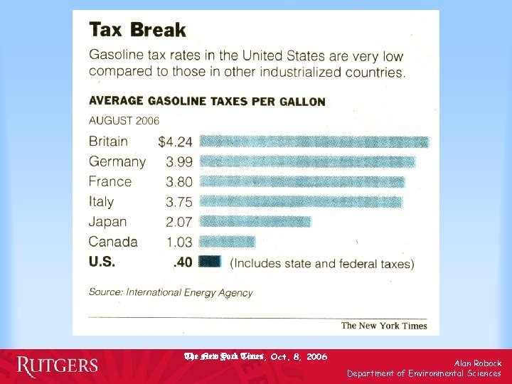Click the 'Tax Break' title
[x=137, y=30]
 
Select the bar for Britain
[x=314, y=142]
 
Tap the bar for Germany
[x=307, y=161]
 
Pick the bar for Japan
[x=255, y=221]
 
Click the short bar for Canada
[x=227, y=242]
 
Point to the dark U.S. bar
[x=210, y=262]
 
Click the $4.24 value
[x=175, y=142]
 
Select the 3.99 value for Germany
[x=178, y=161]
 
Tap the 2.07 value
[x=178, y=222]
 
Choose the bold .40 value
[x=183, y=262]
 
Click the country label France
[x=110, y=181]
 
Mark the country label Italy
[x=101, y=202]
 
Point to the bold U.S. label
[x=102, y=262]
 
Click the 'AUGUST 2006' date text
[x=124, y=120]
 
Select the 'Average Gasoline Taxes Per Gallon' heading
[x=207, y=101]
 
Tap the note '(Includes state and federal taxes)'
[x=322, y=263]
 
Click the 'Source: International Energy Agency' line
[x=171, y=292]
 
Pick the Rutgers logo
[x=58, y=366]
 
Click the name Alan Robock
[x=478, y=363]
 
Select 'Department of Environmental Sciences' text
[x=424, y=373]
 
